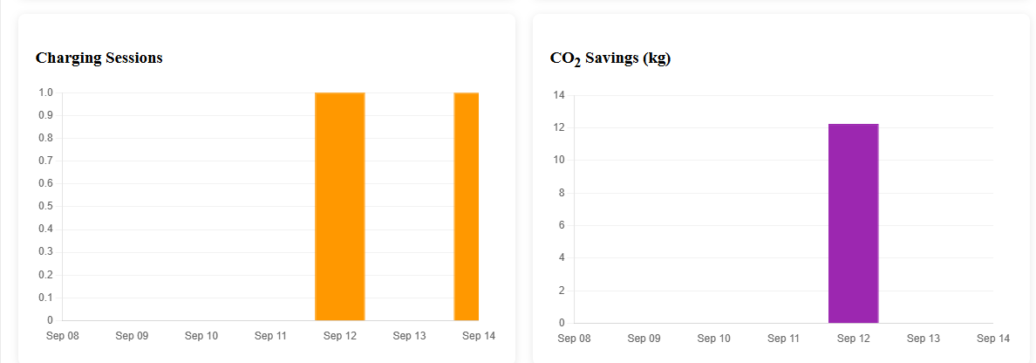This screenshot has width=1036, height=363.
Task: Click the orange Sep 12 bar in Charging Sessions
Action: pyautogui.click(x=339, y=206)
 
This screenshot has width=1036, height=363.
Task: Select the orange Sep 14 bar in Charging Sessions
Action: pyautogui.click(x=467, y=206)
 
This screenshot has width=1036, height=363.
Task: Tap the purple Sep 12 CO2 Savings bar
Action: pyautogui.click(x=854, y=223)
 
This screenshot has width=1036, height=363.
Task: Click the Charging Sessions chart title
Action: pyautogui.click(x=99, y=58)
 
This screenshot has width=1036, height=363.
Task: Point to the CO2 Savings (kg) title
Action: pyautogui.click(x=610, y=58)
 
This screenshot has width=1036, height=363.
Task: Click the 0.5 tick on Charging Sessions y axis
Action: pyautogui.click(x=45, y=206)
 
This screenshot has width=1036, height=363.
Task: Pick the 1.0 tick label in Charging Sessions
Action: pyautogui.click(x=45, y=92)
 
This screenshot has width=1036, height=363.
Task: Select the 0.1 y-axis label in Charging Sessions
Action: pyautogui.click(x=45, y=298)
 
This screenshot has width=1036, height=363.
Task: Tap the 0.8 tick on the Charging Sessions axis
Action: pyautogui.click(x=45, y=138)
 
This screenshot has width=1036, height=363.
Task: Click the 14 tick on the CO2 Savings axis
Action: pyautogui.click(x=559, y=95)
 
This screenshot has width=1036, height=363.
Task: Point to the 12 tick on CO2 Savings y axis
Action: pyautogui.click(x=559, y=127)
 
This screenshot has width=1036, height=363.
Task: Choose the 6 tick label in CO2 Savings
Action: pyautogui.click(x=562, y=225)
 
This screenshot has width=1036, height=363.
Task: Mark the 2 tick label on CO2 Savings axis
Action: pyautogui.click(x=562, y=291)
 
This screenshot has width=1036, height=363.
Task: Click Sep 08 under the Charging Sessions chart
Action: pyautogui.click(x=63, y=336)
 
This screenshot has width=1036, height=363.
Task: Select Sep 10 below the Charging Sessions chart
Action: pyautogui.click(x=201, y=336)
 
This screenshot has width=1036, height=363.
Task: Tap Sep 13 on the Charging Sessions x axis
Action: pyautogui.click(x=410, y=336)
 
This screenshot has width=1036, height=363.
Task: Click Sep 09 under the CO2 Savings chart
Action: pyautogui.click(x=644, y=339)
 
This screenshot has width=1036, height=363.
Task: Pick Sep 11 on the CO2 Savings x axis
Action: pyautogui.click(x=784, y=339)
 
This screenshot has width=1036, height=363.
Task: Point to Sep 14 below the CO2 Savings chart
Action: pyautogui.click(x=994, y=339)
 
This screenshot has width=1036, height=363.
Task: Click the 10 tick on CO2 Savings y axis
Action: pyautogui.click(x=559, y=160)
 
